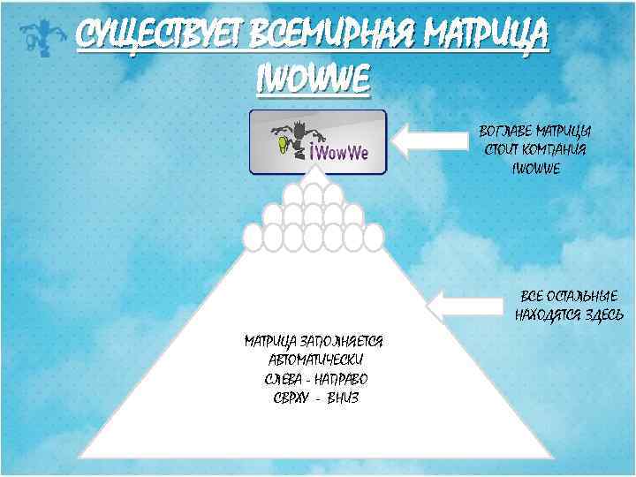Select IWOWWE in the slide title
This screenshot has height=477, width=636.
312,79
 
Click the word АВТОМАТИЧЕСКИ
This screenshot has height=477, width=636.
315,360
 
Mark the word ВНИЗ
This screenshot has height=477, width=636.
343,397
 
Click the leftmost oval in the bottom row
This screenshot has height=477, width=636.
254,238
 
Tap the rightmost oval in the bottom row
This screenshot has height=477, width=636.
375,238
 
